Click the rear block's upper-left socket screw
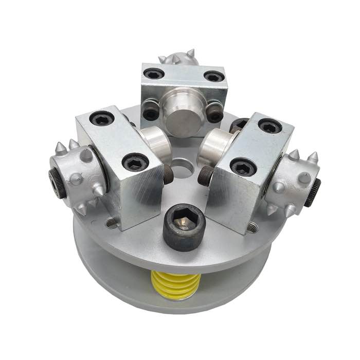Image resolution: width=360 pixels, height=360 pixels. point(153,74)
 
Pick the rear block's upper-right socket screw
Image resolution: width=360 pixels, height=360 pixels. point(214,77)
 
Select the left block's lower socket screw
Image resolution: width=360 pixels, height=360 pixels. point(135,163)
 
